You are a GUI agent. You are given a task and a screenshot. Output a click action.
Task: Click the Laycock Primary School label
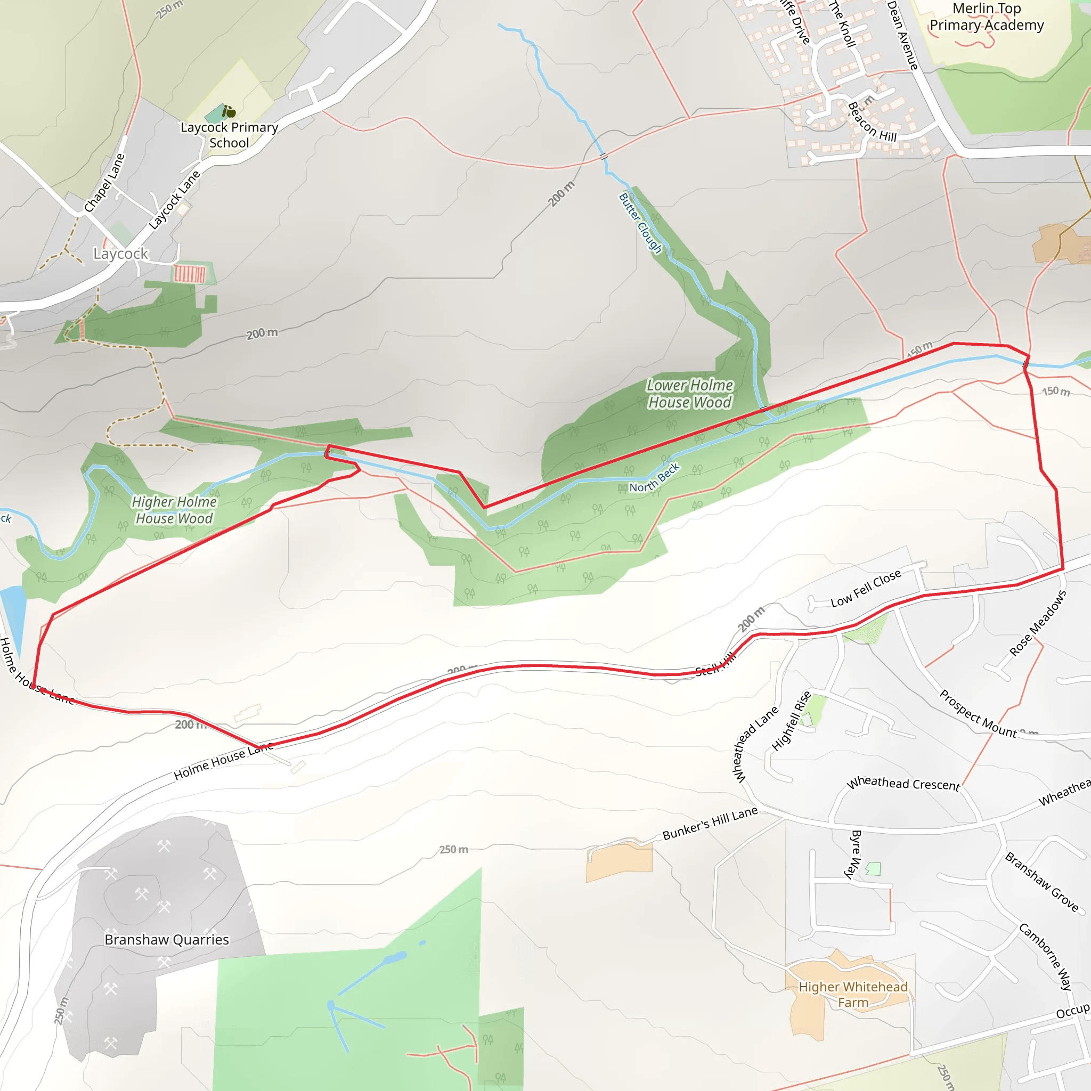[229, 135]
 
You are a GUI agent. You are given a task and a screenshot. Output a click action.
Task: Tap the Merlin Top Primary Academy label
[987, 17]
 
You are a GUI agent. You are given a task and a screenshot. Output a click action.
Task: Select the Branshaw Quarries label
[167, 940]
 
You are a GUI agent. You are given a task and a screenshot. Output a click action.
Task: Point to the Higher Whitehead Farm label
[853, 995]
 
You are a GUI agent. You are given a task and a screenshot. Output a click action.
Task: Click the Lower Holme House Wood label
[689, 394]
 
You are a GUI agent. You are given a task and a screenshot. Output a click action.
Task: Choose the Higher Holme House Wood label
[174, 510]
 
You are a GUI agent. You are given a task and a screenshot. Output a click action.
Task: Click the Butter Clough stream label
[640, 223]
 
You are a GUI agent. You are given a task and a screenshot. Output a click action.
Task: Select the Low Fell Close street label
[866, 589]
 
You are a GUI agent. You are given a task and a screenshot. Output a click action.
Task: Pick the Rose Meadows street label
[1038, 623]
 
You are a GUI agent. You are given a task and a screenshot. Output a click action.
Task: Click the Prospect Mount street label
[978, 714]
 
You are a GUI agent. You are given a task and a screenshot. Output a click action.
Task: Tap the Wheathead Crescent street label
[903, 784]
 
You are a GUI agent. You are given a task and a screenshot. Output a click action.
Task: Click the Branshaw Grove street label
[1041, 882]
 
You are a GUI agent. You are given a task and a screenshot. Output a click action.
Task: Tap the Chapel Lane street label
[104, 183]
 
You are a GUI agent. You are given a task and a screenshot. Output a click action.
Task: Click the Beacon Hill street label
[872, 123]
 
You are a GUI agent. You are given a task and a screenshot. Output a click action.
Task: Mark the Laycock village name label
[120, 254]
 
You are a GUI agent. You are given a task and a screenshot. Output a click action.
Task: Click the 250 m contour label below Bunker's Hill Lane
[453, 850]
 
